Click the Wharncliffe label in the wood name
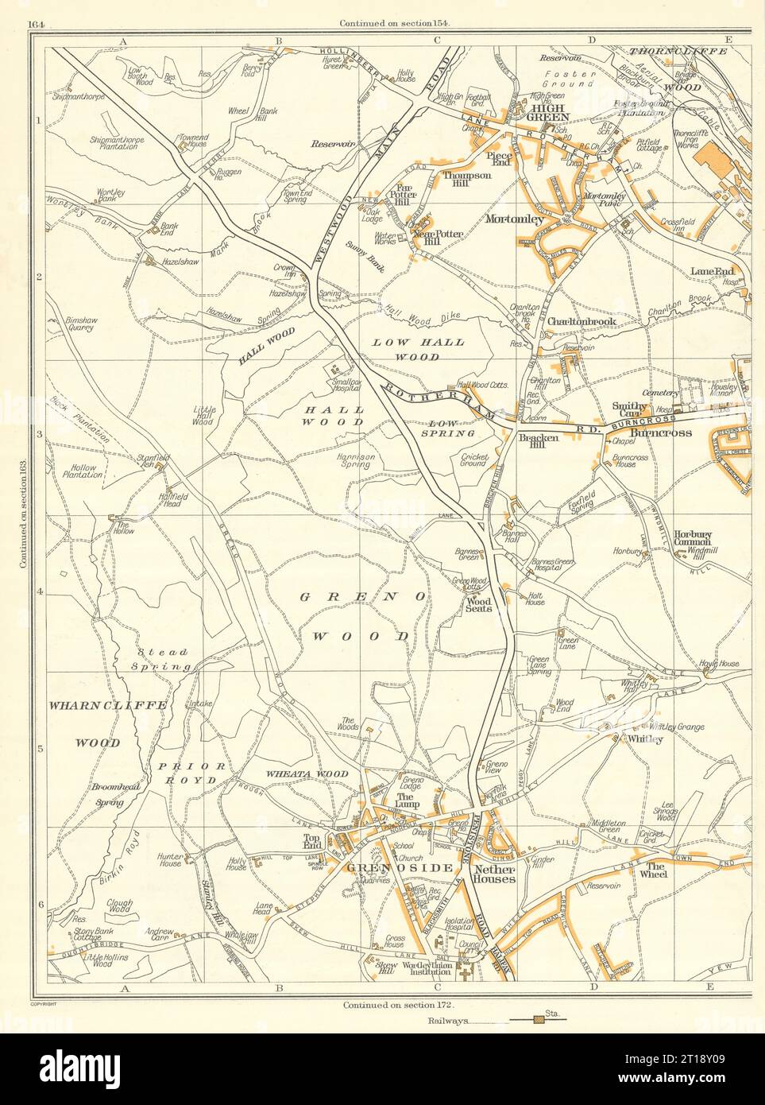pyautogui.click(x=98, y=704)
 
